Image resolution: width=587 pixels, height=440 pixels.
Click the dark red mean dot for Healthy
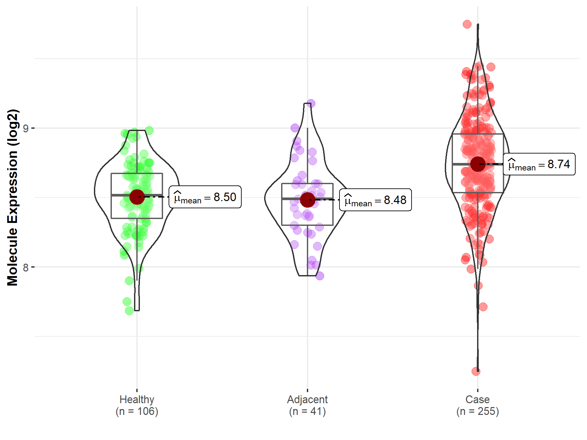tap(137, 197)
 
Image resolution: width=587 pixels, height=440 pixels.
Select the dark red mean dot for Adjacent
tap(308, 199)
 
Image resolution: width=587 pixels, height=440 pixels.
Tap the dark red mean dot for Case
tap(478, 164)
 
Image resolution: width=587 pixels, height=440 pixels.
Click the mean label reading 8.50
tap(205, 197)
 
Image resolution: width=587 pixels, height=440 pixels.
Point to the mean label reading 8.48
tap(375, 200)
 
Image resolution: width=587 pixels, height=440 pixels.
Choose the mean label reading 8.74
tap(539, 164)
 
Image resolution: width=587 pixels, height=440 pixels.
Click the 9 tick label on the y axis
tap(26, 128)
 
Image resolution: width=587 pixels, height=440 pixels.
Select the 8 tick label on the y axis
tap(26, 268)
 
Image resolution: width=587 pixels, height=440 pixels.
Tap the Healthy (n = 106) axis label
tap(137, 405)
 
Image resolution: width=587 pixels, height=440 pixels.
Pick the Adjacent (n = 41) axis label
tap(308, 405)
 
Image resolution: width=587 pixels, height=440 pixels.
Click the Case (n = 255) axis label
tap(478, 405)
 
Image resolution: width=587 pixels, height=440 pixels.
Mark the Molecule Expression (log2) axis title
tap(12, 198)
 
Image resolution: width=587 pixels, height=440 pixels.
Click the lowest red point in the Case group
tap(476, 371)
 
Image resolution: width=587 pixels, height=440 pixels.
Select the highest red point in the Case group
tap(467, 24)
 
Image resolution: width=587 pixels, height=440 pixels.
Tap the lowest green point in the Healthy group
tap(129, 311)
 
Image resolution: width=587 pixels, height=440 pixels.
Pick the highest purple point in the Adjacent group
tap(311, 104)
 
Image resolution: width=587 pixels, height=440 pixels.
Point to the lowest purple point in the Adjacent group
tap(320, 276)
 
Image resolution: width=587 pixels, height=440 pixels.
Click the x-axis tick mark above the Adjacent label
tap(308, 390)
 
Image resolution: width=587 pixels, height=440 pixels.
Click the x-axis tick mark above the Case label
tap(478, 390)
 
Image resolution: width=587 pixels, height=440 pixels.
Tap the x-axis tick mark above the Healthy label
tap(137, 390)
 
